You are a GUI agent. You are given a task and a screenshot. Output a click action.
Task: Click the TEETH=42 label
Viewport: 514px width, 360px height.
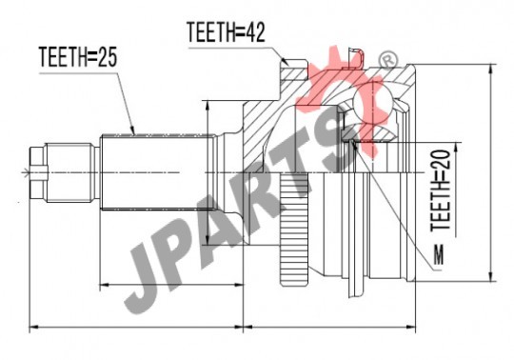click(226, 31)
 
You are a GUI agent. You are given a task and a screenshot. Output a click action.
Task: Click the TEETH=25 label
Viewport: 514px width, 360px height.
click(78, 57)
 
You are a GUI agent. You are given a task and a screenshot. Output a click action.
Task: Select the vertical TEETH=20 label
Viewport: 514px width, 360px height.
click(442, 190)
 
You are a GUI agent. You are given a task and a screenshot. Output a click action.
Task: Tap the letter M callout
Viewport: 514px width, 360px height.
click(439, 254)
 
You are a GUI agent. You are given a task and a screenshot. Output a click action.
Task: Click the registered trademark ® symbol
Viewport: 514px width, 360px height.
click(387, 60)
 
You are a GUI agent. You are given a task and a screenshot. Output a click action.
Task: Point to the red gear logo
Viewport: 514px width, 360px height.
click(345, 98)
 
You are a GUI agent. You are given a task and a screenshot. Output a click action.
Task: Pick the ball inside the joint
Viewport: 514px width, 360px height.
click(373, 102)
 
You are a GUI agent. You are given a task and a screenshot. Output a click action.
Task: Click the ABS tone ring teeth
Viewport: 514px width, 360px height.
click(294, 229)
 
